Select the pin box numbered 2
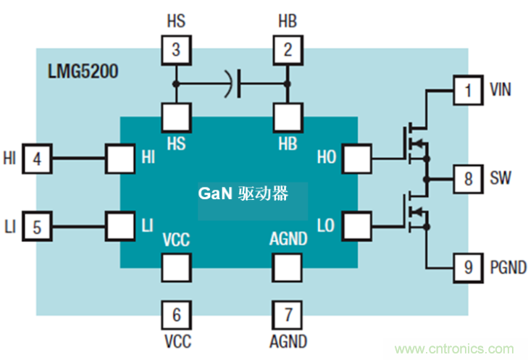tap(288, 50)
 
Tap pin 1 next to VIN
tap(468, 91)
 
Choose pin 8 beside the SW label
tap(468, 178)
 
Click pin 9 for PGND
tap(468, 267)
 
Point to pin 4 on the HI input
tap(37, 157)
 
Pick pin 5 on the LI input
tap(37, 227)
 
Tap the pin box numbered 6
tap(176, 315)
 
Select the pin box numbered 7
tap(288, 315)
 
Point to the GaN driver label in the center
tap(244, 194)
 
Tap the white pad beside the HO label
tap(357, 157)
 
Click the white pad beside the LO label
tap(357, 225)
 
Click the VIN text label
tap(500, 91)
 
